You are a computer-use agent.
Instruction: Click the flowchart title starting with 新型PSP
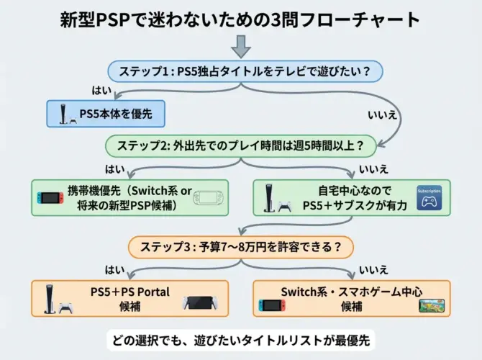240,19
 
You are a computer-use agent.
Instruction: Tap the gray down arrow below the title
242,47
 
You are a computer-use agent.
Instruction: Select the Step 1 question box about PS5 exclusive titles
245,71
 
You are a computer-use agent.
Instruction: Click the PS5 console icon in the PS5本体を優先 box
63,113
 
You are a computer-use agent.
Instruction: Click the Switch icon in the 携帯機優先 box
50,197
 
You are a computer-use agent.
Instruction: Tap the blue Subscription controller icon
429,199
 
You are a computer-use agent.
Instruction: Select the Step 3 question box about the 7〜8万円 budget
240,248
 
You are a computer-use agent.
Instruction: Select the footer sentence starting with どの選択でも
240,339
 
